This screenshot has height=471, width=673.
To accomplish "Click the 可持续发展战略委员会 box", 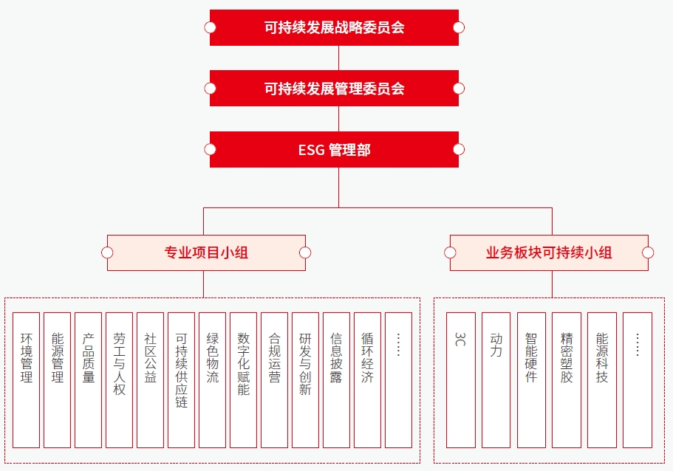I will tap(334, 28).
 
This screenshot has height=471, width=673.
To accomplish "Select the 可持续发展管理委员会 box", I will tap(334, 89).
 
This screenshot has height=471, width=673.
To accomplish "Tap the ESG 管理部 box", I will tap(334, 150).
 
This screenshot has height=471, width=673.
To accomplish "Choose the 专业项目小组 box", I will tap(206, 253).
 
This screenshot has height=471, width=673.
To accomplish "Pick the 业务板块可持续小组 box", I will tap(549, 253).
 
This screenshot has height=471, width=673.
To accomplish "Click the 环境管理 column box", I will tap(27, 379).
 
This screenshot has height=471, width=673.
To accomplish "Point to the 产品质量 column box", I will tap(89, 379).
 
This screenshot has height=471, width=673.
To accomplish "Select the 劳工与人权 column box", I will tap(120, 379).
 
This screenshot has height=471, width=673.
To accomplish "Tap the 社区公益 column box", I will tap(151, 379).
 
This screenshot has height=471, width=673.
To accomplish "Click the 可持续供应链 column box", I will tap(182, 379).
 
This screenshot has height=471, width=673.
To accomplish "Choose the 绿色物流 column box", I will tap(213, 379).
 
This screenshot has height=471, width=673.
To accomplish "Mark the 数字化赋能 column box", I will tap(244, 379).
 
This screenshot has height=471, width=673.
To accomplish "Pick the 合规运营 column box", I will tap(275, 379).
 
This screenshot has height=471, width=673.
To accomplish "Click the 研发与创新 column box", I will tap(306, 379).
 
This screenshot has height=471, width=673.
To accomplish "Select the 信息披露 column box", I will tap(337, 379).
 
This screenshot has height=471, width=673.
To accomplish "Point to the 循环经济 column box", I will tap(368, 379).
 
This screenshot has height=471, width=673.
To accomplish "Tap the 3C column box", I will tap(461, 379).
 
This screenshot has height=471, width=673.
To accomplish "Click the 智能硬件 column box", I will tap(531, 379).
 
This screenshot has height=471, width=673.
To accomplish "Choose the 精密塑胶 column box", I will tap(567, 379).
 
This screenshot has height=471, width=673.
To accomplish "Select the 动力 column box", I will tap(496, 379).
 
